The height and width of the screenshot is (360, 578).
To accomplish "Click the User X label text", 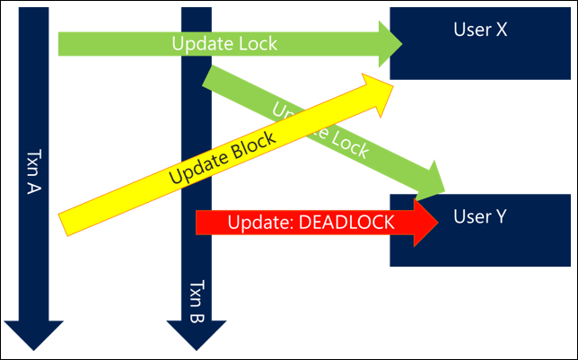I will click(481, 30).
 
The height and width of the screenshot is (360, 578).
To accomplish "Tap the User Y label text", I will click(481, 216).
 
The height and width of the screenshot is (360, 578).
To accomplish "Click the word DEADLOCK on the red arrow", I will click(348, 223).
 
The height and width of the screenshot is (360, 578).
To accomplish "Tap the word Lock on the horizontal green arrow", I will click(255, 42).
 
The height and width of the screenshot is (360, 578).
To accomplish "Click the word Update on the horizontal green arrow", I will click(202, 42).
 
